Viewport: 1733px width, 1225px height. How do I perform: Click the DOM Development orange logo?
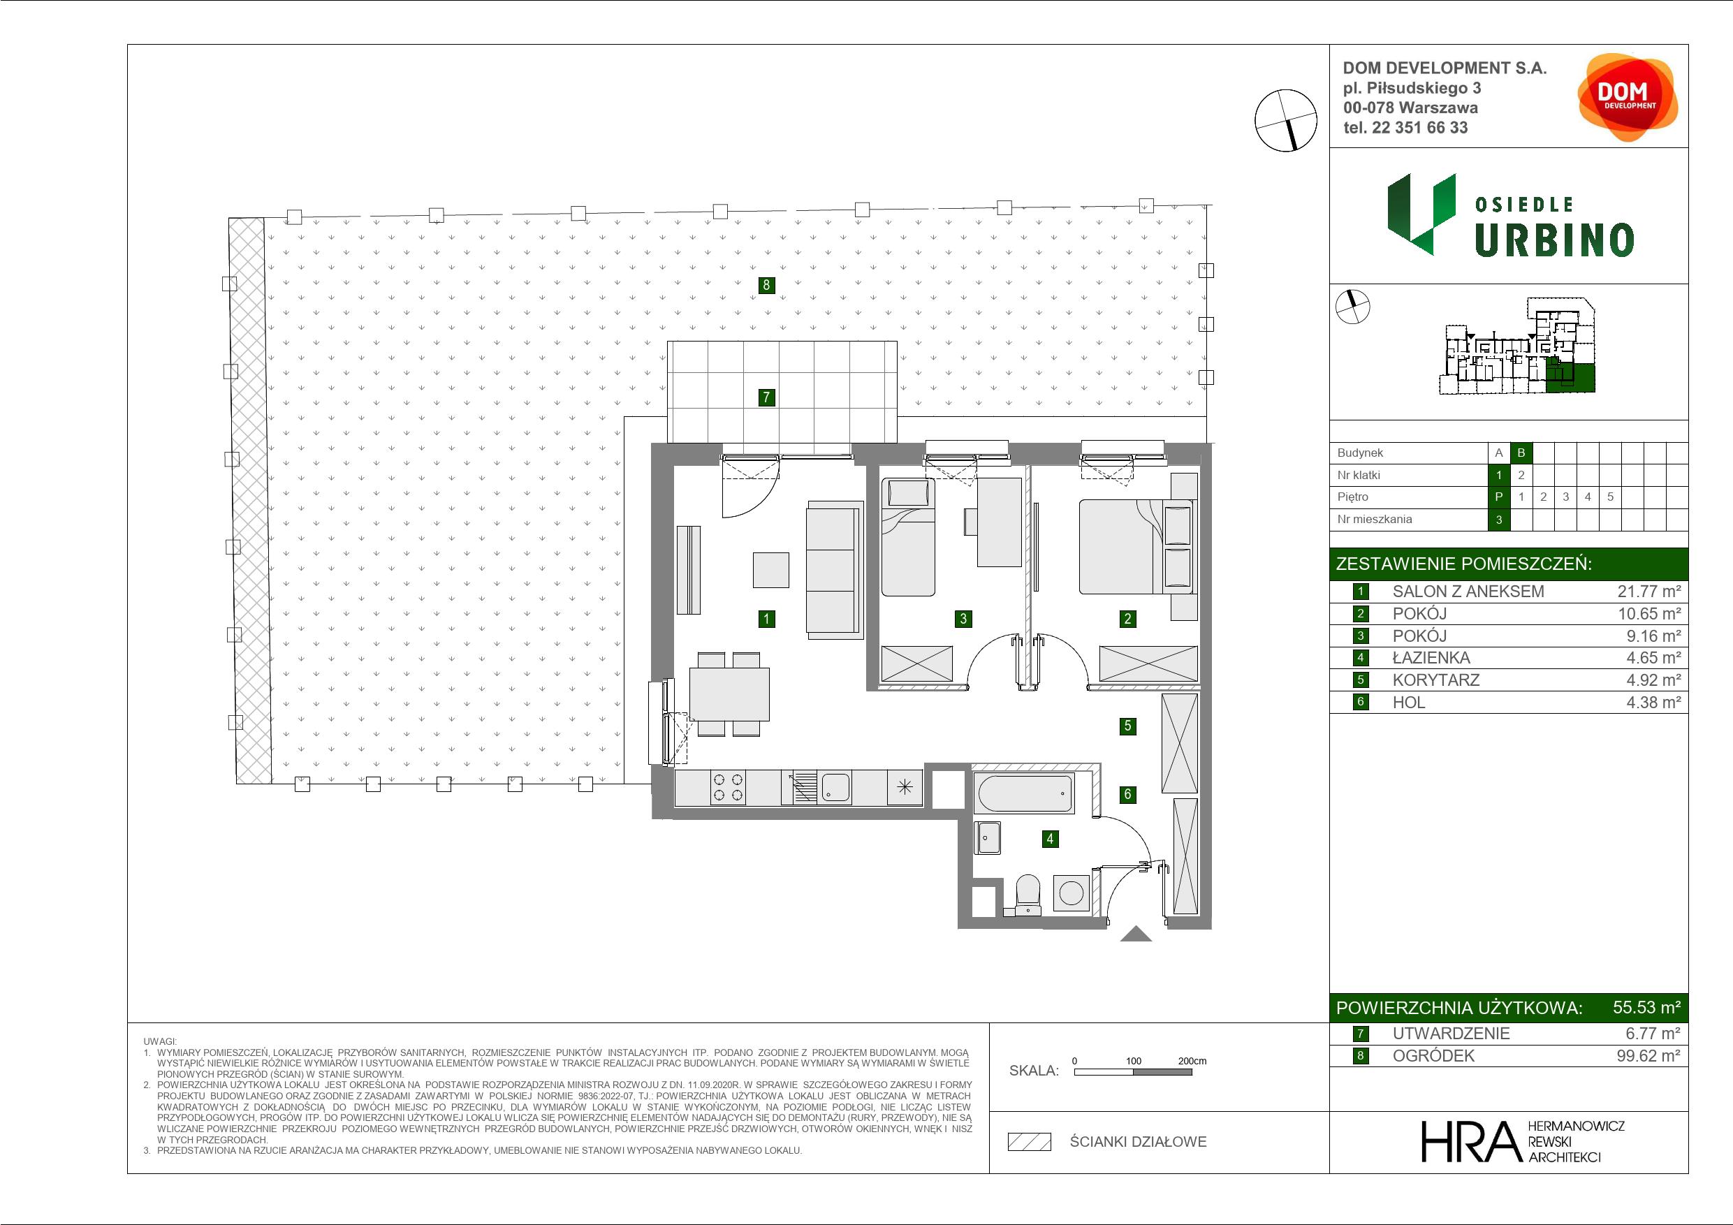tap(1628, 97)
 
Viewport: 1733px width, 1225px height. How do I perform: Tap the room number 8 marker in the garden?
tap(766, 284)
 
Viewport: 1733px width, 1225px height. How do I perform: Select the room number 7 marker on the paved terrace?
tap(766, 397)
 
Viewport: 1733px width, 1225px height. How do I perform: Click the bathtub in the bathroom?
tap(1024, 793)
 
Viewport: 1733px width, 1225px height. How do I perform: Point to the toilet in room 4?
tap(1028, 895)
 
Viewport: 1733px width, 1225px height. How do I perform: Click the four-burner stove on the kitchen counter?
tap(728, 788)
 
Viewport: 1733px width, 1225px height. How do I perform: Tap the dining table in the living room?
tap(729, 694)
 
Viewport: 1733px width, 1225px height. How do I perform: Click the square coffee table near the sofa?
tap(770, 570)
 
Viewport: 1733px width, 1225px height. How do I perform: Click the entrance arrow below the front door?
tap(1136, 934)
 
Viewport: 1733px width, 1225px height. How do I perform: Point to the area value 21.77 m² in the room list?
tap(1648, 592)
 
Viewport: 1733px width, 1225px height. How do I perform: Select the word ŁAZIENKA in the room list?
tap(1431, 658)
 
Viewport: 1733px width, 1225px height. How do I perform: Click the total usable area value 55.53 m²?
tap(1646, 1008)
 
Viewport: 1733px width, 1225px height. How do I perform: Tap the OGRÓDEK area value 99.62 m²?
tap(1648, 1056)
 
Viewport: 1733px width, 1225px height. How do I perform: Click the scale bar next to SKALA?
tap(1132, 1072)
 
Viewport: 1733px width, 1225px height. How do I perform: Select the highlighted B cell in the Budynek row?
tap(1521, 453)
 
